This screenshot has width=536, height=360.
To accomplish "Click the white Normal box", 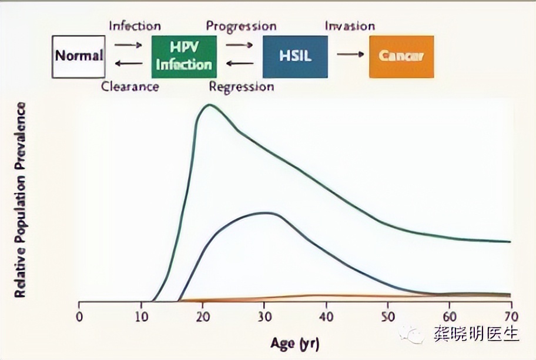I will click(x=78, y=56).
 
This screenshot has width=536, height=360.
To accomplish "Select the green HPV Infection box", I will click(x=183, y=56).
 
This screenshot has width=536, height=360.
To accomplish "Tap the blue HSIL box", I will click(x=294, y=56).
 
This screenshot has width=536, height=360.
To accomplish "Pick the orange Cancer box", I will click(x=401, y=56).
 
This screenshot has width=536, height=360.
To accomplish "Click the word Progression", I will click(x=241, y=26).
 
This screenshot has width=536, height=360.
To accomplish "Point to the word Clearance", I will click(x=130, y=87).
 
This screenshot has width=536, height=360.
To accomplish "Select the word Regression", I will click(x=242, y=87).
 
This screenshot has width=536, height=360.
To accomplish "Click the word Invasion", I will click(x=350, y=26).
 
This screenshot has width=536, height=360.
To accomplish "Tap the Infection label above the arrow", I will click(x=135, y=26).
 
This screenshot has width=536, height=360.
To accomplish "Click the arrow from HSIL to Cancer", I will click(x=350, y=54).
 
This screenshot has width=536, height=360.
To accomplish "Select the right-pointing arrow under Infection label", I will click(x=128, y=44).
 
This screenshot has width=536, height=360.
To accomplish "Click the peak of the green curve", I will click(x=208, y=105).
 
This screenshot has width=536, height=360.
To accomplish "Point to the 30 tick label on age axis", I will click(x=264, y=315).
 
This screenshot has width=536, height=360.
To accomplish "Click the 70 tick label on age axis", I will click(x=510, y=315).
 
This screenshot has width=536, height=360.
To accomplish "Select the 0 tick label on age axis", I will click(x=79, y=315).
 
